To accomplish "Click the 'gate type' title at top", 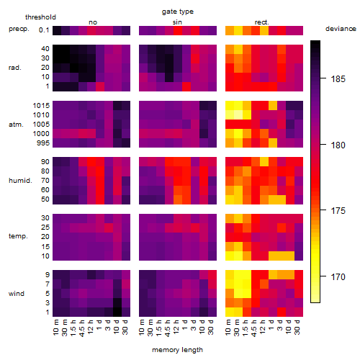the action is [x=178, y=12].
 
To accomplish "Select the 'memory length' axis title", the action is [x=177, y=350].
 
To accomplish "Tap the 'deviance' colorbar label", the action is [x=341, y=29].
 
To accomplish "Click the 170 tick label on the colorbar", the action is [x=338, y=277].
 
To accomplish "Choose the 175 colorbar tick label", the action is [x=338, y=211].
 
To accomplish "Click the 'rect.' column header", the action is [x=261, y=22].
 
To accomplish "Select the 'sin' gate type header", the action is [x=177, y=22].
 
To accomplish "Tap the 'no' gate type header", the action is [x=93, y=22].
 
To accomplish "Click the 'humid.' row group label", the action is [x=20, y=181].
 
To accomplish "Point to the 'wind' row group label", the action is [x=17, y=294].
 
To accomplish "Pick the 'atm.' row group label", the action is [x=16, y=125].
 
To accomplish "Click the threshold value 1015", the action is [x=41, y=106].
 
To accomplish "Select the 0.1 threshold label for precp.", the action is [x=44, y=30].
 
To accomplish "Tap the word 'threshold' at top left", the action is [x=40, y=17].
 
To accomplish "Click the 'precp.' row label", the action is [x=19, y=29].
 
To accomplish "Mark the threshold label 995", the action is [x=43, y=143].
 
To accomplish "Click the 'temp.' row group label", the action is [x=18, y=236].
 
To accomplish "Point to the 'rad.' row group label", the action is [x=15, y=68].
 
